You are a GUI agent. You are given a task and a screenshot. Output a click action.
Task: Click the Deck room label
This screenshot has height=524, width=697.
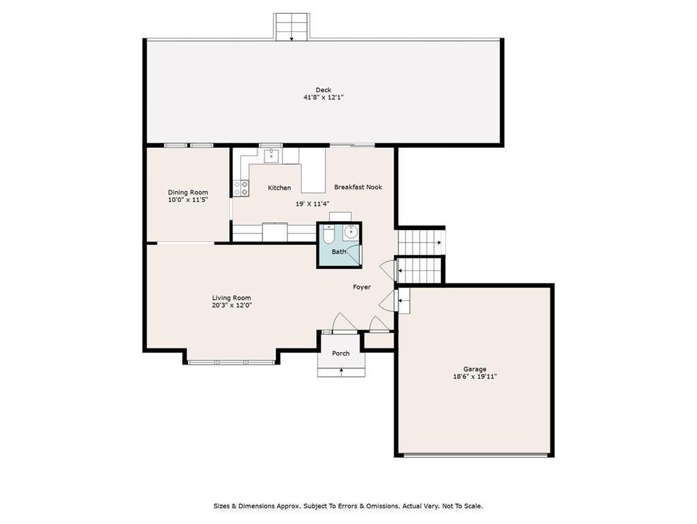click(x=323, y=90)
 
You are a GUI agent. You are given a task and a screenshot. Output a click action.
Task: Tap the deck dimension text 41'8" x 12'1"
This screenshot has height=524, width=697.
click(x=323, y=97)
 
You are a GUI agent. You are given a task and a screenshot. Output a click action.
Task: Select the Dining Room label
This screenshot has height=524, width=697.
click(x=187, y=192)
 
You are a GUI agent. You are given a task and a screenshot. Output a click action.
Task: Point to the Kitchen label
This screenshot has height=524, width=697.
click(x=279, y=188)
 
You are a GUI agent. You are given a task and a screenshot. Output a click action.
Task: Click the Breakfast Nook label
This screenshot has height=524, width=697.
click(x=358, y=187)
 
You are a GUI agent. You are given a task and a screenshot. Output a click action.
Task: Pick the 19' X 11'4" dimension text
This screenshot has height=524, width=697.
click(x=313, y=204)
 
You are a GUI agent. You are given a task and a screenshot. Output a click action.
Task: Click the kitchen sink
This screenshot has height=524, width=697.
click(x=271, y=156)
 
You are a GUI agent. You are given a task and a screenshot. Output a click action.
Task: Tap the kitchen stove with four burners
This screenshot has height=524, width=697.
click(x=241, y=188)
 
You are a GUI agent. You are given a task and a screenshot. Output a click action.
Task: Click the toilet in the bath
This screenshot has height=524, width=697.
click(x=328, y=235)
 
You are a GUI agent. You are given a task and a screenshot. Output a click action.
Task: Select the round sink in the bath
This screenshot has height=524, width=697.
click(x=351, y=231)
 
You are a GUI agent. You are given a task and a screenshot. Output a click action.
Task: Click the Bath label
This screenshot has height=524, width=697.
click(x=339, y=252)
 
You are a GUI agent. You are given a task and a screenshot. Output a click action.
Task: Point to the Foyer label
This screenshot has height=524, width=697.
click(x=362, y=287)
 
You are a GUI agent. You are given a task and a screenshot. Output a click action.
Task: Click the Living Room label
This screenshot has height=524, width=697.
click(x=231, y=298)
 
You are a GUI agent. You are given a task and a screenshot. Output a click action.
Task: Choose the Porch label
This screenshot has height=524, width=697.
click(x=341, y=353)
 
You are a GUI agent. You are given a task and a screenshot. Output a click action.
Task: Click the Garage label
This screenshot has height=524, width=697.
click(x=475, y=369)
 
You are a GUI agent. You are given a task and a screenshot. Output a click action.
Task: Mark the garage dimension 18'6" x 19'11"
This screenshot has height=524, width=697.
click(x=475, y=376)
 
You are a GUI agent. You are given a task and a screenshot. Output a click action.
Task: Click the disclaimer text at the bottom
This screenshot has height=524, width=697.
click(x=348, y=506)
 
